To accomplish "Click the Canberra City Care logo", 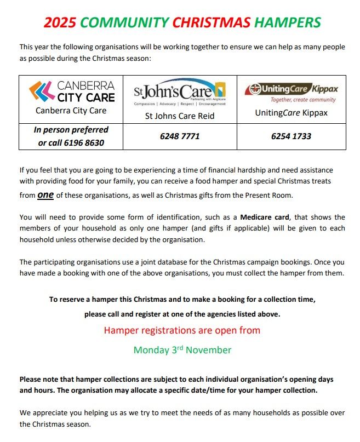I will click(x=72, y=92).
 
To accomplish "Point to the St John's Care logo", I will click(x=180, y=92).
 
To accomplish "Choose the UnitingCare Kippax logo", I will click(x=290, y=88).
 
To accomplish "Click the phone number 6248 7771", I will click(x=180, y=136).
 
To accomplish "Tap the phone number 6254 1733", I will click(x=290, y=136).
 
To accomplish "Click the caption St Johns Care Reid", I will click(x=180, y=116).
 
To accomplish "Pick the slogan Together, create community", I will click(x=303, y=100).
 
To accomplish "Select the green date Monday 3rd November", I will click(x=182, y=350).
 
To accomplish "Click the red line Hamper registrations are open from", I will click(x=182, y=330).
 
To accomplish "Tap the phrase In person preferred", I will click(x=71, y=130).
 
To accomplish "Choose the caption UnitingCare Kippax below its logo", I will click(x=290, y=112).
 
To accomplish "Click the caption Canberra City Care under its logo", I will click(x=71, y=111).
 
